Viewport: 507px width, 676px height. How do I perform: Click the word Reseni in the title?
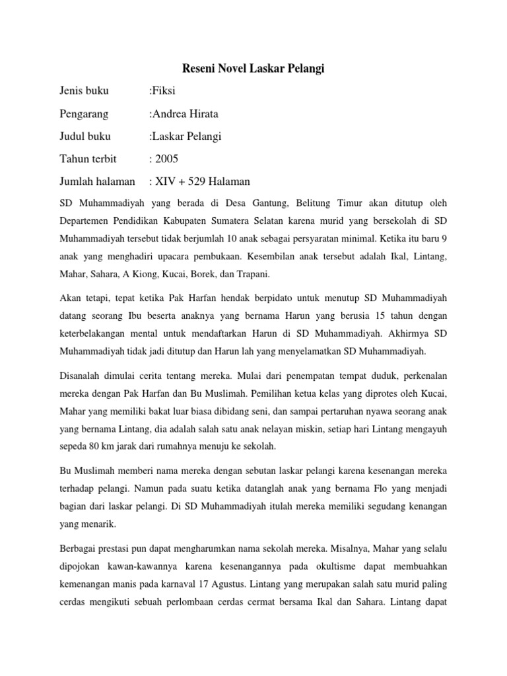pyautogui.click(x=198, y=69)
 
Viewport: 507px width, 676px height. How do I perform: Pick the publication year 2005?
pyautogui.click(x=167, y=158)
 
